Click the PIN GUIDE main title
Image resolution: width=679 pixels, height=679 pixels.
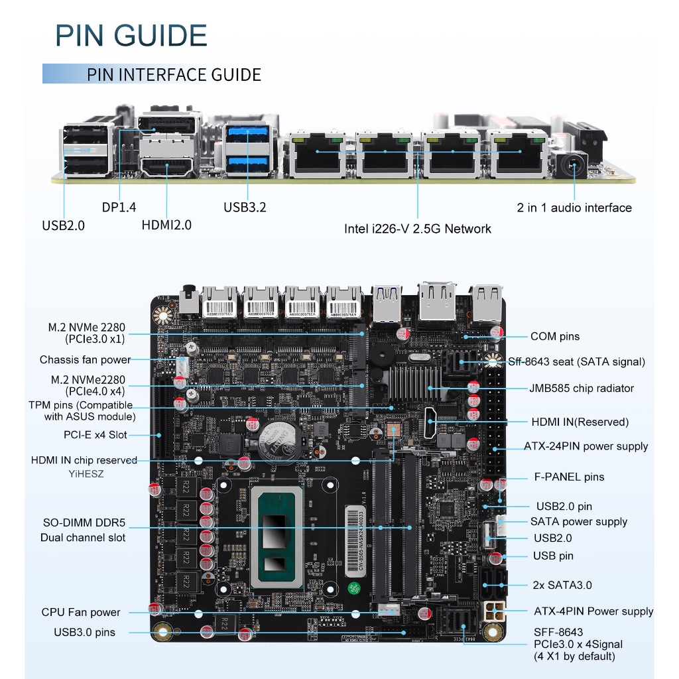131,35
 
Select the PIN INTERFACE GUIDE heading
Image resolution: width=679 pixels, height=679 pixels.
174,75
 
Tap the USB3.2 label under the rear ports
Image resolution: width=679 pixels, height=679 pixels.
245,208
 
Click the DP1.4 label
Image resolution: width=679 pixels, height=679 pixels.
119,208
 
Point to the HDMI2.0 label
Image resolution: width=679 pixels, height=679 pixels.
166,225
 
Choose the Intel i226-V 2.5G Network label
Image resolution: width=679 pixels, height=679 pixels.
417,229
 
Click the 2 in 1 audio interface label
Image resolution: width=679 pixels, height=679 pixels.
574,208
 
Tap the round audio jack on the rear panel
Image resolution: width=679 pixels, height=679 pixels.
572,163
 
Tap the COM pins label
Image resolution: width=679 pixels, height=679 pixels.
554,336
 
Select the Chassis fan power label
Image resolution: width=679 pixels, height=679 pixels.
85,359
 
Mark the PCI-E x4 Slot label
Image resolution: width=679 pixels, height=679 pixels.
95,435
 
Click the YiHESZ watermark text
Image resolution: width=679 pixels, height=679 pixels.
86,474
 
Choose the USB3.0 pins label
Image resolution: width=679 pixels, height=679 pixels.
84,632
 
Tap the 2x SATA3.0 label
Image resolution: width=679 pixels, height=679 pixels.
562,585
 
